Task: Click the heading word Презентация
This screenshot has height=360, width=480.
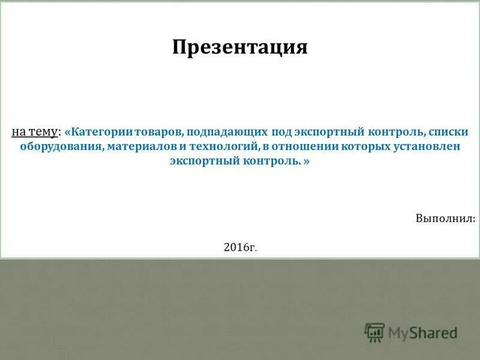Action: click(240, 47)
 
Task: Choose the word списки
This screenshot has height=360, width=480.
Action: click(450, 131)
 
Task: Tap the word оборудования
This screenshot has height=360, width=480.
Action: click(60, 147)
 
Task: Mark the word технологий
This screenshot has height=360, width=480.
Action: click(224, 147)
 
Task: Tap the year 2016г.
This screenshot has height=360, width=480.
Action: click(241, 247)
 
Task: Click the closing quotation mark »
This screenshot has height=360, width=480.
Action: click(307, 162)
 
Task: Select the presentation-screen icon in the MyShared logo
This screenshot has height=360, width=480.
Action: click(375, 332)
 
